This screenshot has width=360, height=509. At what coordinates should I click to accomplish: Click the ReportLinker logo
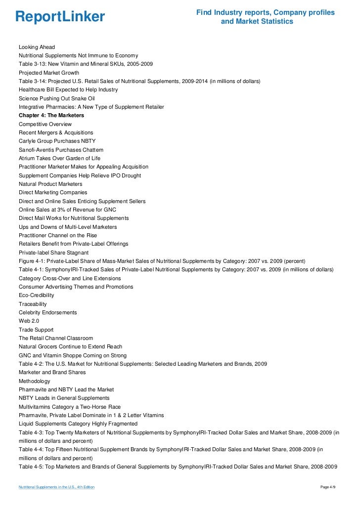coord(60,17)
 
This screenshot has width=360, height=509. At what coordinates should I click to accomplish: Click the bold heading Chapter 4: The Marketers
coord(51,115)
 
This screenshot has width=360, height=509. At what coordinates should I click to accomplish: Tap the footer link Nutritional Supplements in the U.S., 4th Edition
coord(56,487)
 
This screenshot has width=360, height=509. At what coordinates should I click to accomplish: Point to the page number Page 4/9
coord(328,487)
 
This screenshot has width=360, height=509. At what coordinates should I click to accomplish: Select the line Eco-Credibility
coord(37,295)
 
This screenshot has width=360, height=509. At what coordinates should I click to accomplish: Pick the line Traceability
coord(33,304)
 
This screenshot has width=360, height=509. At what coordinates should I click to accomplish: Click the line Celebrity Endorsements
coord(48,312)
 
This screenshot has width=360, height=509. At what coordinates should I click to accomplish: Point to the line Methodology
coord(34,381)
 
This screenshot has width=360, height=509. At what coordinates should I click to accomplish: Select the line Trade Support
coord(36,330)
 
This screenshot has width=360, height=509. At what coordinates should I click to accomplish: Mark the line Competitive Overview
coord(45,124)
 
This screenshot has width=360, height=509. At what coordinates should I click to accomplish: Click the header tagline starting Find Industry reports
coord(266,17)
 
